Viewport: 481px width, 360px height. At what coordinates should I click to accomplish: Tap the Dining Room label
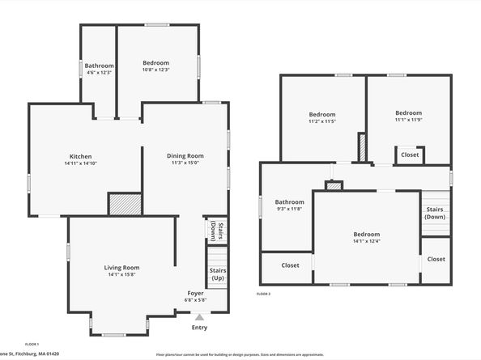coord(185,156)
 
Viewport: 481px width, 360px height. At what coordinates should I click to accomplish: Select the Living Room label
coord(121,268)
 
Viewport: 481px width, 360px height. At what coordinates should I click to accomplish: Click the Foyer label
coord(196,293)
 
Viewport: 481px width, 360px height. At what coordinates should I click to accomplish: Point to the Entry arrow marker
coord(199,316)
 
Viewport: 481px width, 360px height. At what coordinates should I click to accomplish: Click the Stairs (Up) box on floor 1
coord(217,274)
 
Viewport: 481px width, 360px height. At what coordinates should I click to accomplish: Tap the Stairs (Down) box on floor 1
coord(217,230)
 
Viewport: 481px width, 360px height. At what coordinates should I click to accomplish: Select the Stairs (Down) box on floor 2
coord(435,213)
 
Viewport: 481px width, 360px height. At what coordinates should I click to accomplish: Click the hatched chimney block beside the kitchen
coord(126,204)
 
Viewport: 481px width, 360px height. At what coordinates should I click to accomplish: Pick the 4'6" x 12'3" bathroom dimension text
coord(99,73)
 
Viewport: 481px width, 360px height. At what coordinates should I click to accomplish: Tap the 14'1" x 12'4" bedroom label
coord(366,242)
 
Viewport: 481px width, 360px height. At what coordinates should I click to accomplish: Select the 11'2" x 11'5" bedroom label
coord(321,121)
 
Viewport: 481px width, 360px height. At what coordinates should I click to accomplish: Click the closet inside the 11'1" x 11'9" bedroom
coord(410,155)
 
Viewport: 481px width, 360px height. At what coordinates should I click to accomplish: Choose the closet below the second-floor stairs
coord(436,259)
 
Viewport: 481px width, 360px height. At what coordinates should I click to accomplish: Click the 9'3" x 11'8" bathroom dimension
coord(289,209)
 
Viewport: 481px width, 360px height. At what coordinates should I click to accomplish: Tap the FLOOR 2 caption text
coord(263,294)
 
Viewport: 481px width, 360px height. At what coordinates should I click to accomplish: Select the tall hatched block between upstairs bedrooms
coord(362,147)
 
